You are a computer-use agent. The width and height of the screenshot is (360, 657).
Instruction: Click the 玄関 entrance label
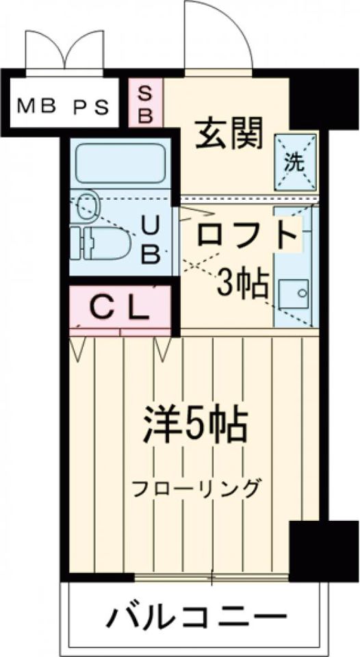point(229,133)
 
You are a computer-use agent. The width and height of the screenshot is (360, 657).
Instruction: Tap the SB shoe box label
point(145,103)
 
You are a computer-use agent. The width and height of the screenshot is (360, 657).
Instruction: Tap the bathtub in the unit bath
point(120,164)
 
